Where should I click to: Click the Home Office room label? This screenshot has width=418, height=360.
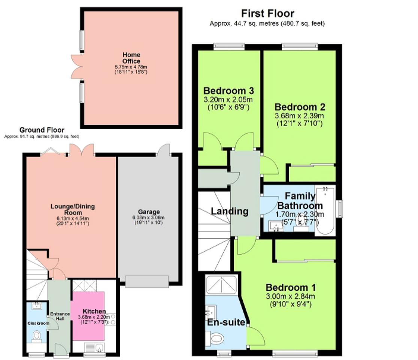[x=131, y=58]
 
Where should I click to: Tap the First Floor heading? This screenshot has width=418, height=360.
[x=268, y=13]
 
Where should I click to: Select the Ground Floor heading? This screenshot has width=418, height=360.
[x=42, y=130]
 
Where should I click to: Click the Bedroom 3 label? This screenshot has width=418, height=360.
[x=229, y=91]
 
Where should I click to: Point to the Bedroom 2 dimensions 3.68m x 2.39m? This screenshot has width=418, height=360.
[x=299, y=116]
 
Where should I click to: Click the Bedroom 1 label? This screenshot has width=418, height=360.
[x=291, y=287]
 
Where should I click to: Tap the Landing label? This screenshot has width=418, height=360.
[x=230, y=211]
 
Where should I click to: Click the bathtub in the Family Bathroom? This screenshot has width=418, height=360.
[x=325, y=211]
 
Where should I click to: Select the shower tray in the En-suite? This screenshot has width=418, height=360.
[x=221, y=285]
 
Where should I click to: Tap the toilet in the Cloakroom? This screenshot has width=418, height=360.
[x=37, y=336]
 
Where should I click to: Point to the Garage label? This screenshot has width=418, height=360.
[x=149, y=212]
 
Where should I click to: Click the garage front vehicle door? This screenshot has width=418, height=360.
[x=147, y=282]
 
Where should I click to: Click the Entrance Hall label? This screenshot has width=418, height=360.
[x=60, y=316]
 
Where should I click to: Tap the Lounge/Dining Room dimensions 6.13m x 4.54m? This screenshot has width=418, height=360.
[x=73, y=218]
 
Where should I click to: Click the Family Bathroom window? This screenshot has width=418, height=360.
[x=340, y=209]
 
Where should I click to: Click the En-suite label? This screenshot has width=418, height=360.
[x=226, y=322]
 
